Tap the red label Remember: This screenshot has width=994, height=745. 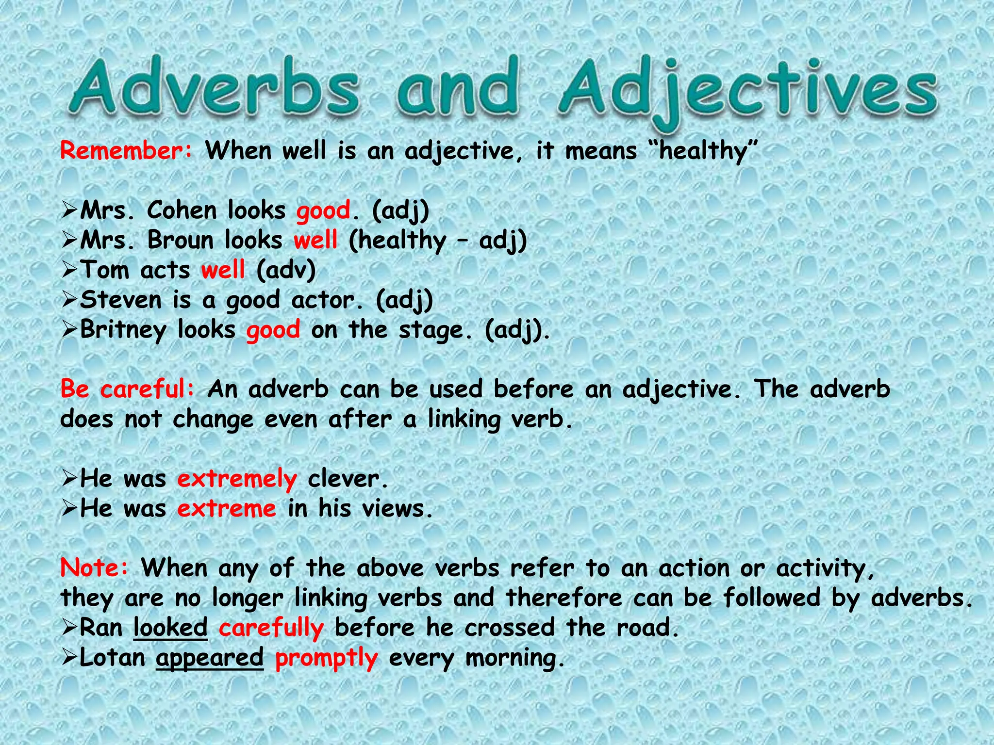[x=126, y=150]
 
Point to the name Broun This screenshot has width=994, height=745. [x=181, y=241]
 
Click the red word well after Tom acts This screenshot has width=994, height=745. [x=223, y=270]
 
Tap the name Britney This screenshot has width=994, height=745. [x=123, y=330]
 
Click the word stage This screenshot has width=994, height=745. [x=434, y=330]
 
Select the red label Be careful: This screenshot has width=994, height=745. [x=127, y=389]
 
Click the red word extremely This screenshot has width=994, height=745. [x=237, y=479]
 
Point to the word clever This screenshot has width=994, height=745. [x=348, y=479]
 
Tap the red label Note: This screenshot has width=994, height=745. [x=95, y=568]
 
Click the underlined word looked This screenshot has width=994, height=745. [x=170, y=628]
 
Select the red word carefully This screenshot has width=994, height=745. [x=271, y=628]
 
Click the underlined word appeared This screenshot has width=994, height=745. [x=210, y=658]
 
